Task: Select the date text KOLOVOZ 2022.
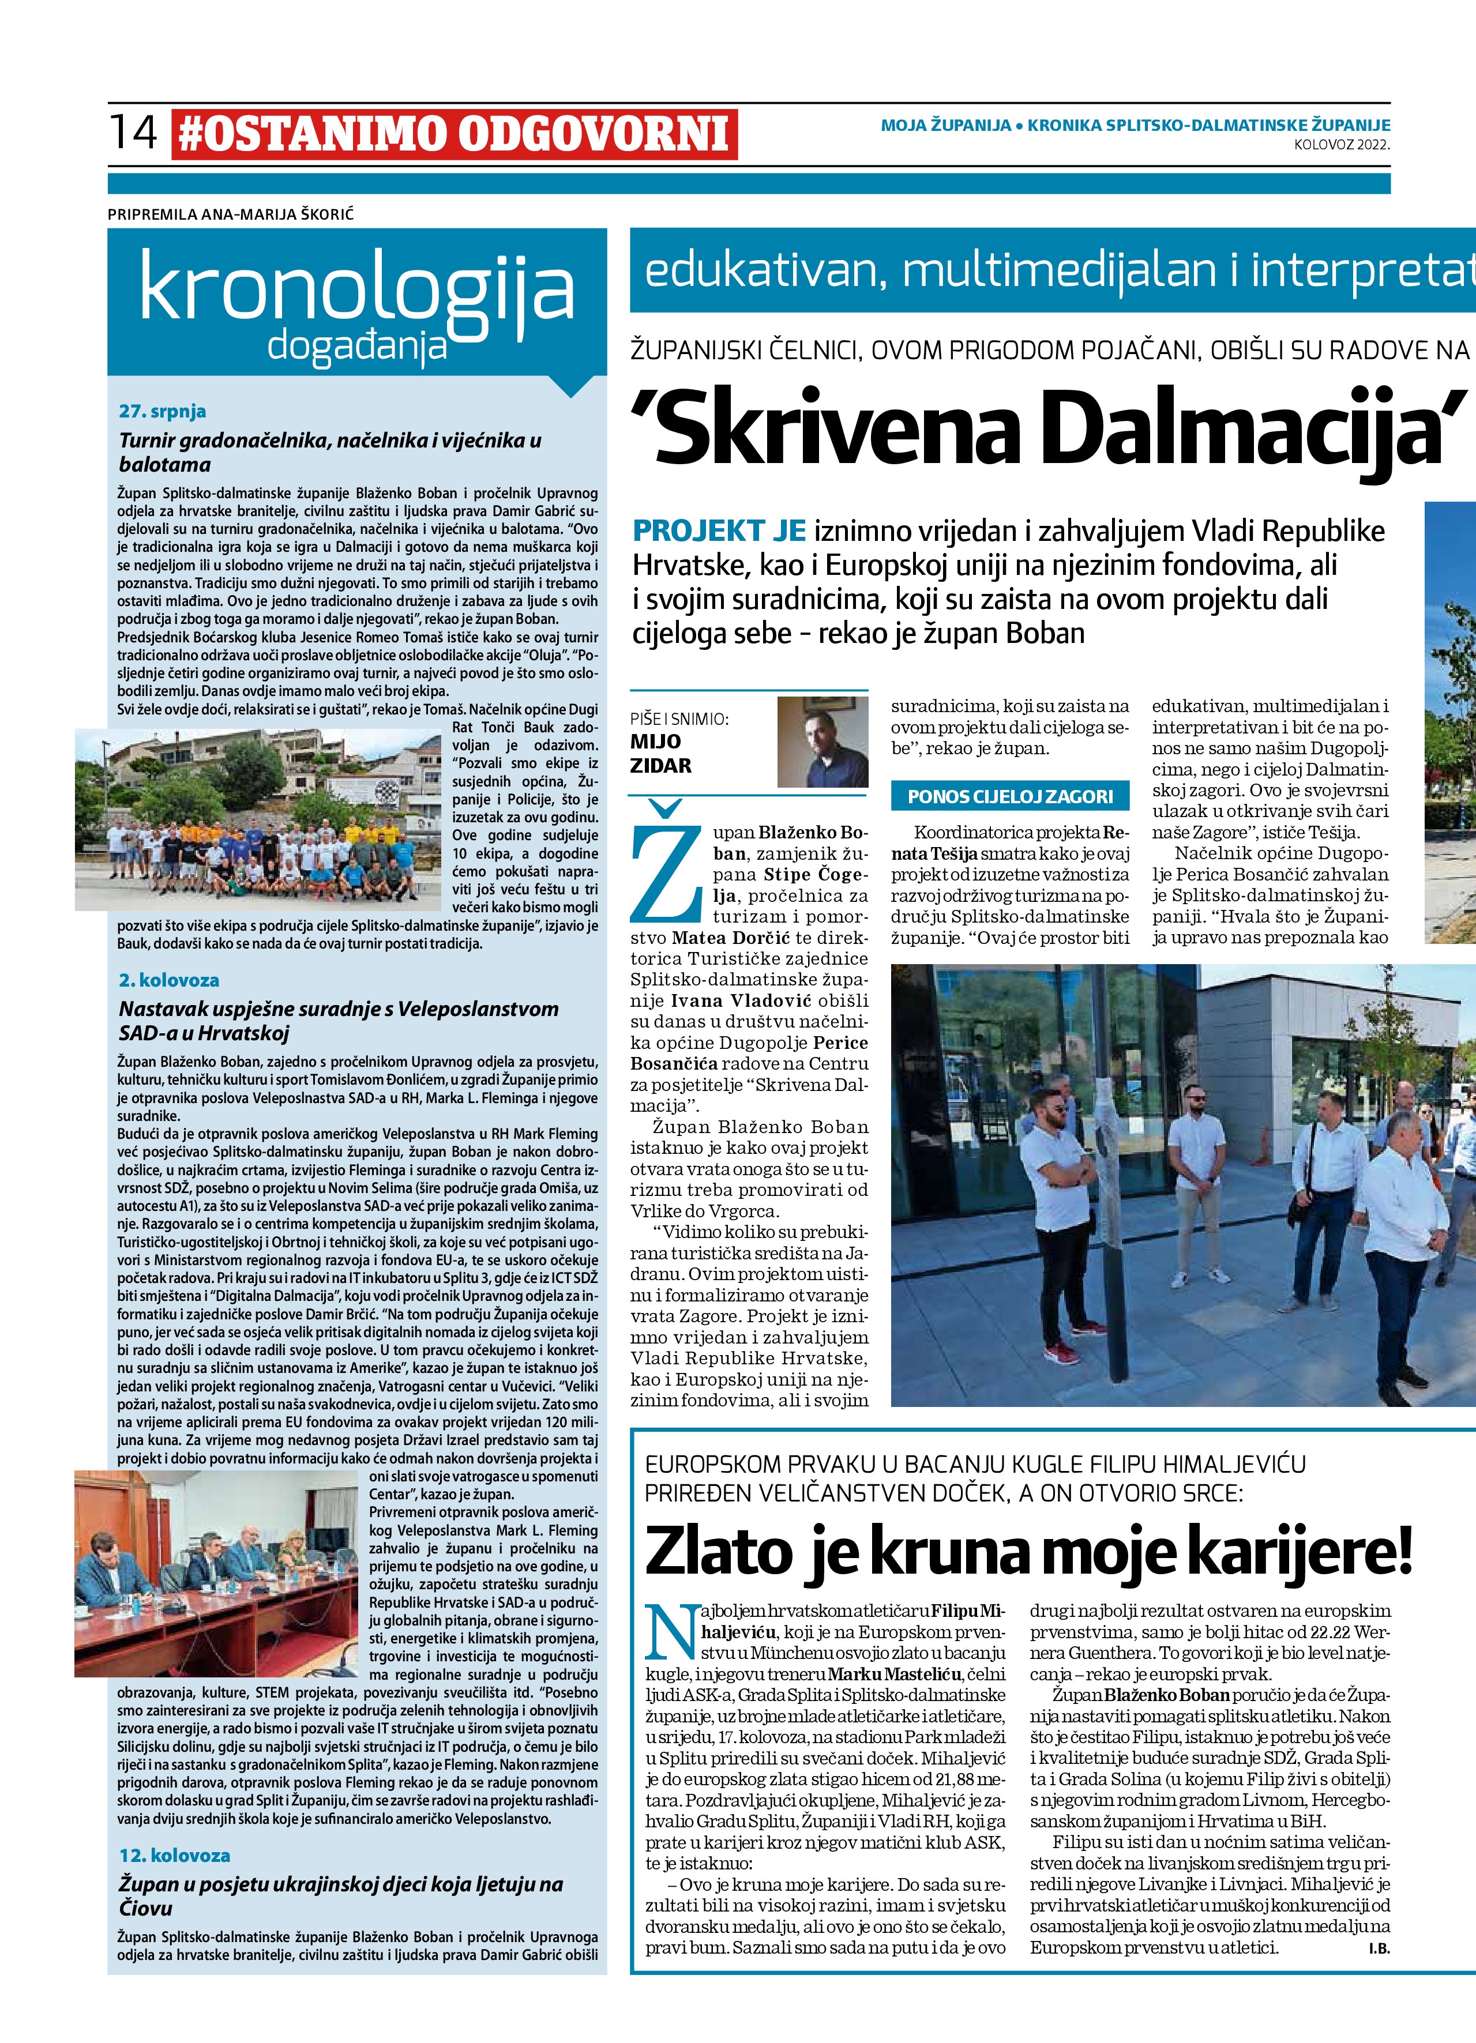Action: pos(1341,143)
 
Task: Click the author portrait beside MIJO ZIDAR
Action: pos(822,742)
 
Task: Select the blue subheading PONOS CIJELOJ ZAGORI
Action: pos(1010,796)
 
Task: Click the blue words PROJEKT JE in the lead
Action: pos(719,532)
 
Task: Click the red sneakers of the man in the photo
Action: pos(1061,1353)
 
